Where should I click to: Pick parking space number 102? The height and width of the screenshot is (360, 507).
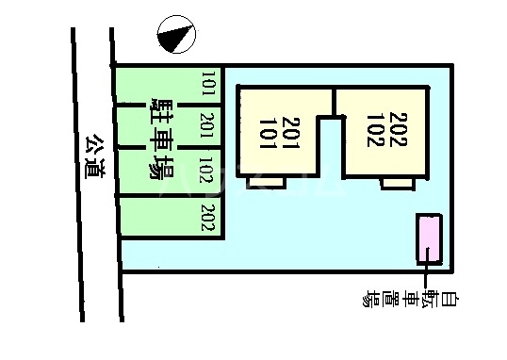208,172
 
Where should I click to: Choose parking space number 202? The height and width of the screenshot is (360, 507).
208,218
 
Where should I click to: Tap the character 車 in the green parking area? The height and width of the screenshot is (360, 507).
160,138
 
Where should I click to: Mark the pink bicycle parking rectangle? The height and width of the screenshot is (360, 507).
429,237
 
